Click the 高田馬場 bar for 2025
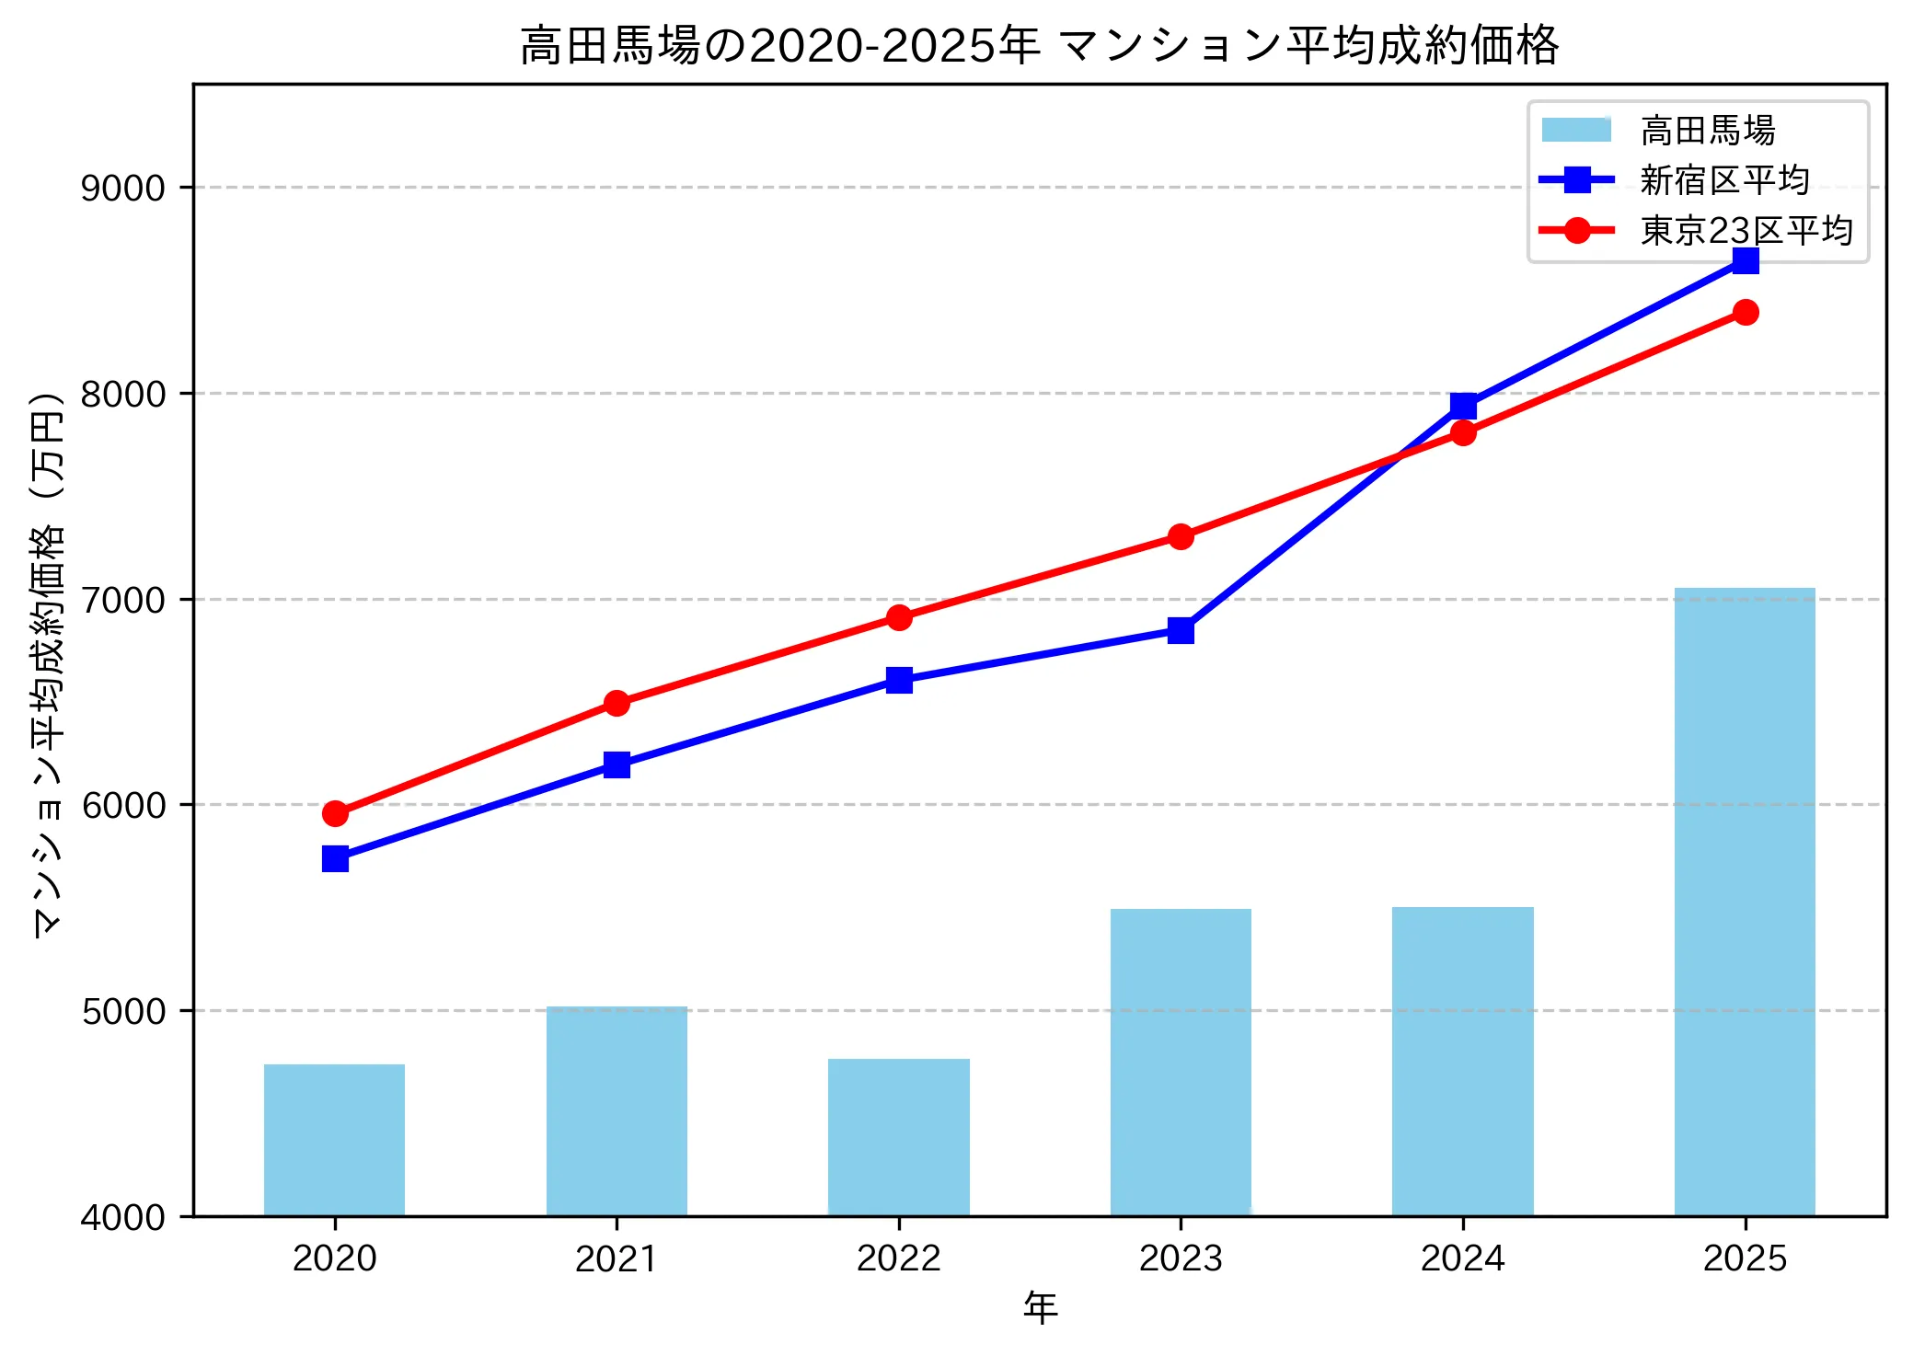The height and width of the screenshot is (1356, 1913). (1745, 902)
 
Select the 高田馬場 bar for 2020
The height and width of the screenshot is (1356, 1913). (334, 1140)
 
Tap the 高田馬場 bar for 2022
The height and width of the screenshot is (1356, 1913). (899, 1137)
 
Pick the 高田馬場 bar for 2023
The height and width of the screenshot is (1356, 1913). (1181, 1063)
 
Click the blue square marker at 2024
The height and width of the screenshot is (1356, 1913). (1463, 406)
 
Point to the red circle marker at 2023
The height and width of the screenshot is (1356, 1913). (1181, 536)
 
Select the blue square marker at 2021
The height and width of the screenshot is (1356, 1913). (617, 764)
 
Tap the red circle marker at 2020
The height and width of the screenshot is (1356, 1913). (335, 813)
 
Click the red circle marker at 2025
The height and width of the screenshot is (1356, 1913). (1746, 313)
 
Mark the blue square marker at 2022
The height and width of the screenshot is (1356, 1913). (899, 680)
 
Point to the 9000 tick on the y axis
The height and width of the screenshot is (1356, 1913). (123, 188)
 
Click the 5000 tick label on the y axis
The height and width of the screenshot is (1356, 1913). (123, 1011)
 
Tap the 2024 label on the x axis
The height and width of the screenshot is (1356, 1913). (1463, 1258)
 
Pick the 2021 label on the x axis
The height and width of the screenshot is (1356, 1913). (617, 1258)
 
